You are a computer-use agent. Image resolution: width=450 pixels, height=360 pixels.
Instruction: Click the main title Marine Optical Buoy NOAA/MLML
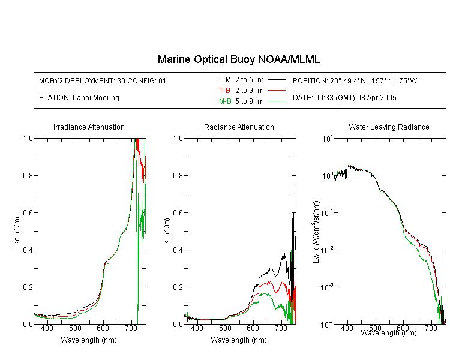(238, 60)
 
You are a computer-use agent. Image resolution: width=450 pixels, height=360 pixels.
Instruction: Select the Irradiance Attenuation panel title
(89, 127)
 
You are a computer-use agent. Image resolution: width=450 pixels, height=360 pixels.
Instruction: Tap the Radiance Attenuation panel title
(239, 127)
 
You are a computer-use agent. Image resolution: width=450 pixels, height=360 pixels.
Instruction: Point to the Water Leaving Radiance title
(389, 127)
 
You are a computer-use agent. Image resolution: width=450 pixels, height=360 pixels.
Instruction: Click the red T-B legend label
(224, 91)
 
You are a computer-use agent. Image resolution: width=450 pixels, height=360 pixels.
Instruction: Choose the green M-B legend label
(225, 101)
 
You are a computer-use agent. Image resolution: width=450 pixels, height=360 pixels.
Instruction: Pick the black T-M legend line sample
(277, 80)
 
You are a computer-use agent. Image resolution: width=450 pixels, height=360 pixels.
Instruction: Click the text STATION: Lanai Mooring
(79, 98)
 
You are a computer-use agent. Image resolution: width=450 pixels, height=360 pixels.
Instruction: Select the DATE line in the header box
(344, 98)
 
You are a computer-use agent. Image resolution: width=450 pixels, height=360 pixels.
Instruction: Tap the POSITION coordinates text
(355, 80)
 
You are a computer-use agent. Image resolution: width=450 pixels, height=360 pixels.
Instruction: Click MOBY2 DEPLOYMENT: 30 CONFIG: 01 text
(103, 80)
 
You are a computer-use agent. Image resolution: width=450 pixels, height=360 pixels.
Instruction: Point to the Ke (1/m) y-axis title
(17, 231)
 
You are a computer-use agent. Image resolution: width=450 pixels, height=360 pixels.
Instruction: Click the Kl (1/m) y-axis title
(167, 231)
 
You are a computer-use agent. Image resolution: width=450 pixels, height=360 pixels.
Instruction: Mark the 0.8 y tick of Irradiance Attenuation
(28, 175)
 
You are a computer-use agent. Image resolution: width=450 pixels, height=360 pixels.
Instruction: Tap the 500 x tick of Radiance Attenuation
(225, 328)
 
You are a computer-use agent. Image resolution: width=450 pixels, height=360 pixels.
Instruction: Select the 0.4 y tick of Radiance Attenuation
(178, 250)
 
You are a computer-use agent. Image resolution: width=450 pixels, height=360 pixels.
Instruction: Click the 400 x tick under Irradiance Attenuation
(47, 328)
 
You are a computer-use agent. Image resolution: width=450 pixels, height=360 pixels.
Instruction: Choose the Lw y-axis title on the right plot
(316, 232)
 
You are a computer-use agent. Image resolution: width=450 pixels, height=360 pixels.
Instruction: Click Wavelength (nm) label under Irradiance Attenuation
(89, 340)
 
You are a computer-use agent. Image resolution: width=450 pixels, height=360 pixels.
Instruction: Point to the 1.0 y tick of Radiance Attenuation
(178, 139)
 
